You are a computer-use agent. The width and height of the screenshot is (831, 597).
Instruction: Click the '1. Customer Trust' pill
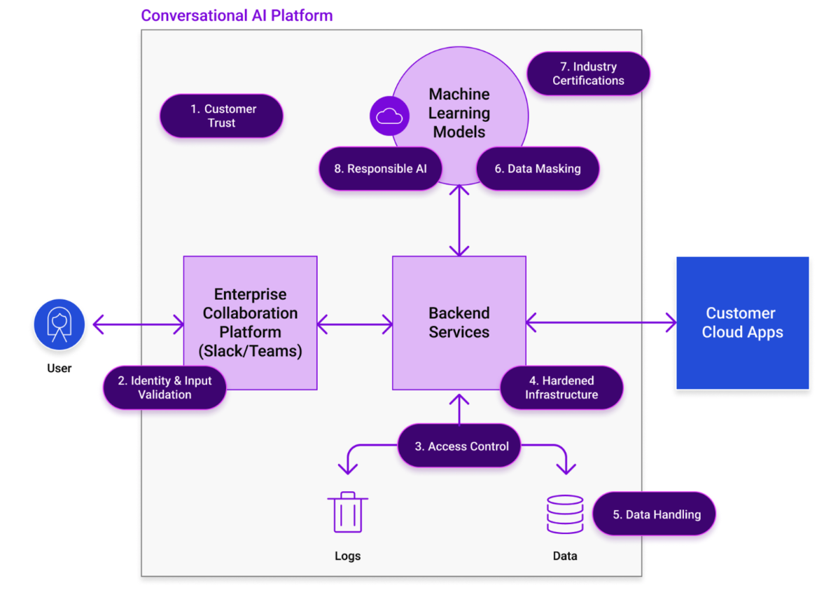(221, 116)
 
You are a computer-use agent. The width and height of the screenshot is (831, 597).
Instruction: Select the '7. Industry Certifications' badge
(588, 74)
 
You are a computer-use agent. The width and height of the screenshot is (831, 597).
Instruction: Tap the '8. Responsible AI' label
(381, 168)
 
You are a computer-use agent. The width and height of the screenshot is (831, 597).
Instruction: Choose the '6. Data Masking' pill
(537, 168)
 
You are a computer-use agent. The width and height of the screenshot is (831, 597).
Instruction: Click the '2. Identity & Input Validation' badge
(165, 387)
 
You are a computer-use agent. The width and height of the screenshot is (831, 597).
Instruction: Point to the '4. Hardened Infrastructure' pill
(561, 387)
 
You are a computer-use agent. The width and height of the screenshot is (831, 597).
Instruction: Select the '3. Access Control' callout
(461, 446)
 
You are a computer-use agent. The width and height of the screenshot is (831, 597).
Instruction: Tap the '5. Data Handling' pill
(655, 514)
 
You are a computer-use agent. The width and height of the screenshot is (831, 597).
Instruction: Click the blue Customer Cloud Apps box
(742, 323)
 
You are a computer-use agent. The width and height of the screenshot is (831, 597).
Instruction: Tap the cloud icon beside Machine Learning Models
(389, 116)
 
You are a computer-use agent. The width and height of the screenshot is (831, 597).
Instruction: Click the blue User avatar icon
(60, 324)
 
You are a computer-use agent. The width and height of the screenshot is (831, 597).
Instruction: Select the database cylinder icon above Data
(564, 514)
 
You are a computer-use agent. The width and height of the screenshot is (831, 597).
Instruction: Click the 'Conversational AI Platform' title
(237, 15)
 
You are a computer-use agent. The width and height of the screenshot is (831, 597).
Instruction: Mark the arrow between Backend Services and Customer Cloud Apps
(601, 323)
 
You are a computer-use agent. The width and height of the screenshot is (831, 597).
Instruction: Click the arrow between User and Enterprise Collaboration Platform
(138, 324)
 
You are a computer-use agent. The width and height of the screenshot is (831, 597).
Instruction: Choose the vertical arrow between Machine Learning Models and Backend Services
(459, 221)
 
